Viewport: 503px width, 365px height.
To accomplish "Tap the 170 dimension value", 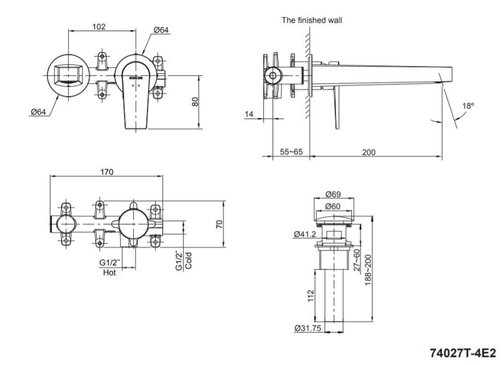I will tap(106, 172).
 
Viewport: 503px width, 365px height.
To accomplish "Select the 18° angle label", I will tap(468, 106).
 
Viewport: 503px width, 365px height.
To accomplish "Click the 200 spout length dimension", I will tap(369, 152).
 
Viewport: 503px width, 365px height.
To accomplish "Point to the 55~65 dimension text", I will tap(291, 152).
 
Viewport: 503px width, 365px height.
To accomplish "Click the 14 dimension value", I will tap(250, 114).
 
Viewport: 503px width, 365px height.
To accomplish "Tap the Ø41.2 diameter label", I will tap(305, 234).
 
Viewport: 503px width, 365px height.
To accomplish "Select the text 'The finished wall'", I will tap(312, 20).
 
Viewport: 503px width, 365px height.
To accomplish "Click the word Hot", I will tap(109, 272).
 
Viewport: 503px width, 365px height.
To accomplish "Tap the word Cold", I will tap(188, 261).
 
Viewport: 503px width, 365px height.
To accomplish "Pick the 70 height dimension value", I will tap(220, 224).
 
